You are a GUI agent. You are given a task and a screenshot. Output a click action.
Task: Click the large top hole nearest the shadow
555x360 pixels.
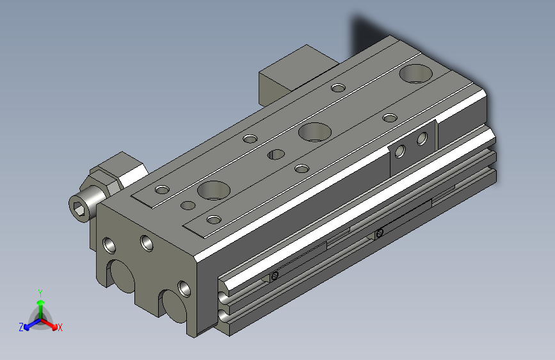point(415,74)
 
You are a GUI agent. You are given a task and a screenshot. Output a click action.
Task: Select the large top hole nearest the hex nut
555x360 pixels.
point(213,190)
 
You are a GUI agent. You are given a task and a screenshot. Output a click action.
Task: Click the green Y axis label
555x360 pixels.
point(40,292)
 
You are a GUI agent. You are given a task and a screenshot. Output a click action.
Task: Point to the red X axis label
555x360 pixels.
point(60,327)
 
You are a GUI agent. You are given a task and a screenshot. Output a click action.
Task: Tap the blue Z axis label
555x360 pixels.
point(21,327)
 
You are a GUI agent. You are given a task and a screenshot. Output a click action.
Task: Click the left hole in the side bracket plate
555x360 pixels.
point(400,151)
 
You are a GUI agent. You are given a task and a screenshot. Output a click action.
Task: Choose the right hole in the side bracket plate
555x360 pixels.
point(421,138)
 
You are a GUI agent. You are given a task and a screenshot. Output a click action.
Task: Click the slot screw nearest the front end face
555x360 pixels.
point(275,276)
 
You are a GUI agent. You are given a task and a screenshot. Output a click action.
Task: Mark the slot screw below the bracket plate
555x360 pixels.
point(380,233)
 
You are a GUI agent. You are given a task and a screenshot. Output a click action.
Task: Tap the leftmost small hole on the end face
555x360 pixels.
point(109,245)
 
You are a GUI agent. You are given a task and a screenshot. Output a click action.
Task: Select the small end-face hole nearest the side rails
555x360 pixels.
point(184,289)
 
